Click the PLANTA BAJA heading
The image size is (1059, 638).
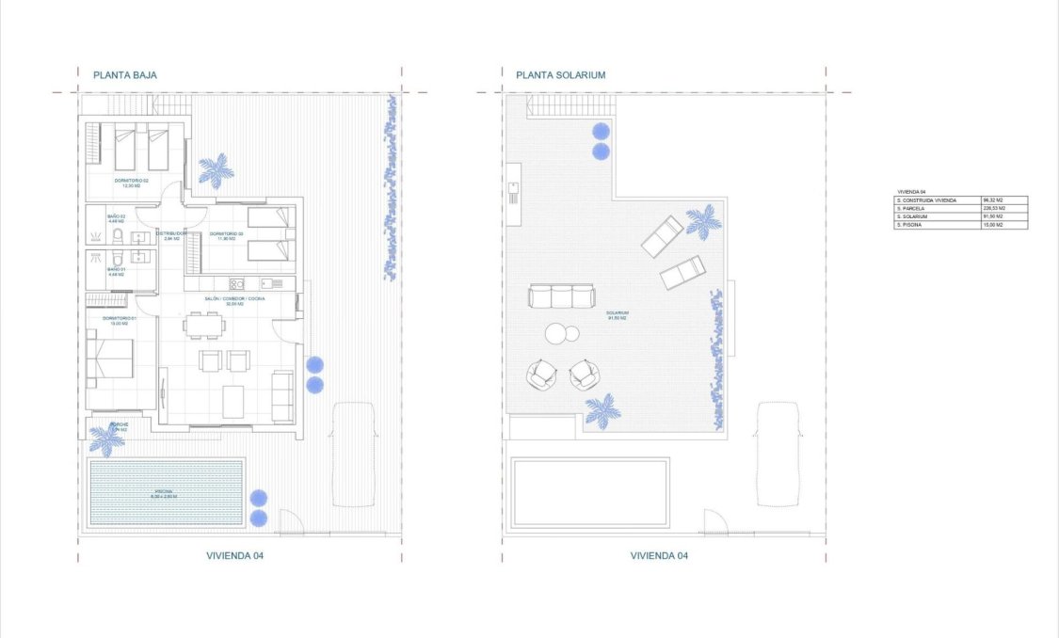[124, 74]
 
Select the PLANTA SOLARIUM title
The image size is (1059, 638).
[560, 74]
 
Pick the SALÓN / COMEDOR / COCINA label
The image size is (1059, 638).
[234, 300]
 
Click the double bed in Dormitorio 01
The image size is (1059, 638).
[111, 359]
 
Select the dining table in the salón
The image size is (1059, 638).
[205, 326]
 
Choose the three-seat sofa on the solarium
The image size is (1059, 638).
[562, 297]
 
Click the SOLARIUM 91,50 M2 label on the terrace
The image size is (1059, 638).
[618, 315]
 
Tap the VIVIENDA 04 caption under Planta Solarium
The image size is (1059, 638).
[659, 556]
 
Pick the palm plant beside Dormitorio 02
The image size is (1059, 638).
[216, 170]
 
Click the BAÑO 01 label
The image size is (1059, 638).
[116, 271]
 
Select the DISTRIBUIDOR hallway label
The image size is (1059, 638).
[170, 234]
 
